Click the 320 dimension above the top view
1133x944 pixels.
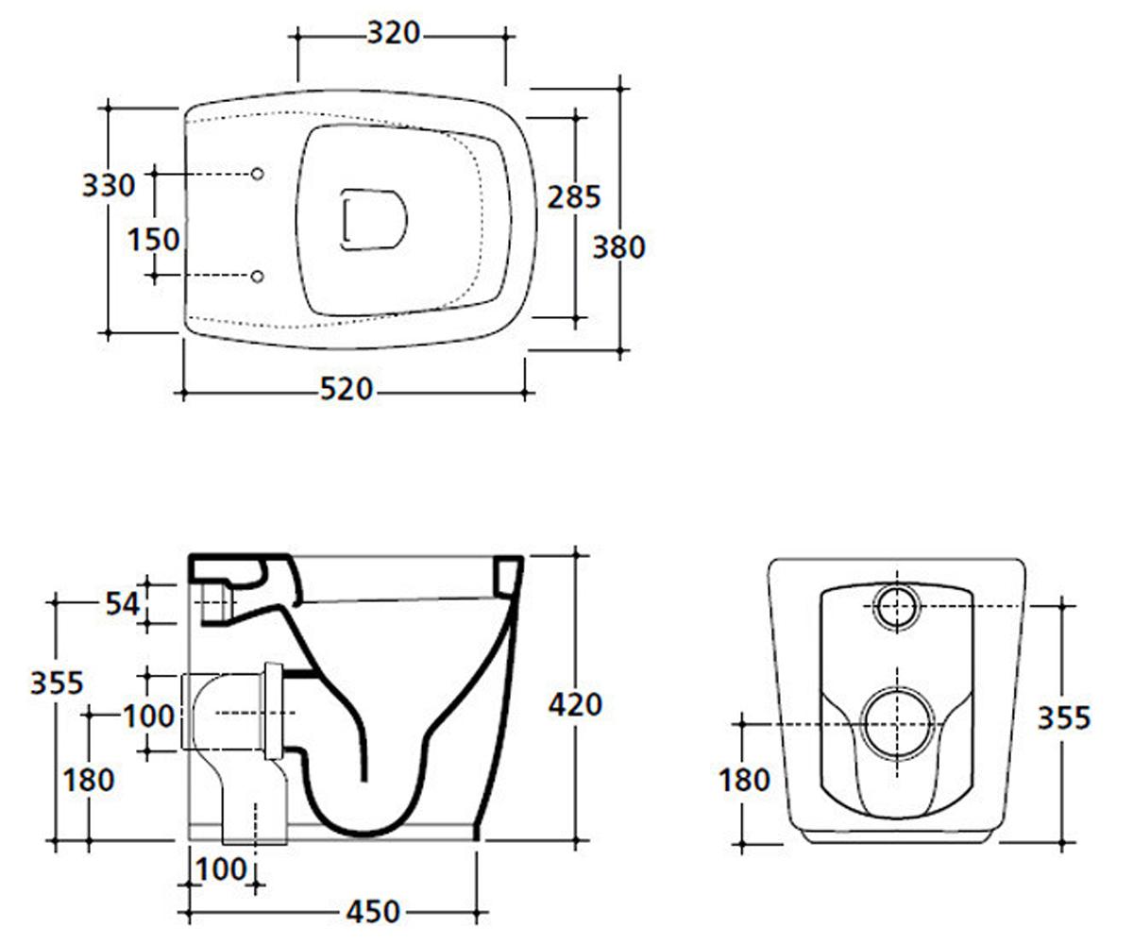[394, 33]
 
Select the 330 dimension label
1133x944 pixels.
[109, 185]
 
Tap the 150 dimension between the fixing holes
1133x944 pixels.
[154, 239]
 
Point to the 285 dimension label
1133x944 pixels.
[573, 197]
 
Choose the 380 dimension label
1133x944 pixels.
[618, 247]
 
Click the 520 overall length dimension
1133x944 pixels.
[347, 389]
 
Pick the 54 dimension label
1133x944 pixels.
[123, 603]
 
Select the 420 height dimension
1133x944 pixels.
[575, 705]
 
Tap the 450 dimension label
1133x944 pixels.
[373, 912]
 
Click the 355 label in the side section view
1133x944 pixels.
[57, 683]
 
